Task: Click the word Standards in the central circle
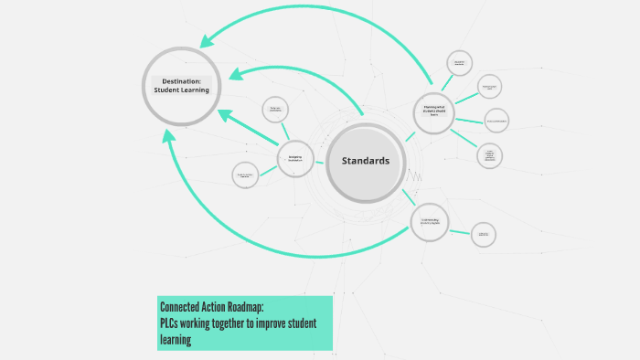coord(365,161)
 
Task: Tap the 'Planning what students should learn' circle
coord(434,111)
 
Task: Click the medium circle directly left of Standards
coord(295,158)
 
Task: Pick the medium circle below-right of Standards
coord(430,222)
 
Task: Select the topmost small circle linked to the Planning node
coord(460,63)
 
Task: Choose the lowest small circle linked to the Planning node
coord(490,155)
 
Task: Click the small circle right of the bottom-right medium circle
coord(485,235)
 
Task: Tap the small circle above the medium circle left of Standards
coord(275,110)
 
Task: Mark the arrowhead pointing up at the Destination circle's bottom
coord(168,135)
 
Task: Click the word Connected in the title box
coord(185,306)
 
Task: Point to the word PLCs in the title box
coord(171,323)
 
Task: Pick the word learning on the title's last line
coord(176,339)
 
